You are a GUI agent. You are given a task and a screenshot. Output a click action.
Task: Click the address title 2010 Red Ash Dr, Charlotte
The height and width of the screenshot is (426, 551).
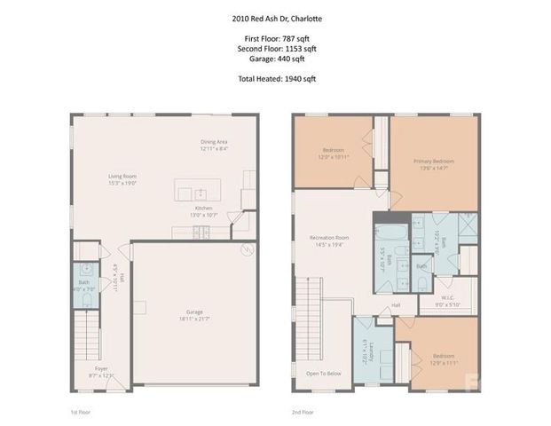(274, 16)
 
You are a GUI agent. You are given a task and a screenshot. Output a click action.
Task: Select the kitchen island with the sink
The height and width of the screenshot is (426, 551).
(196, 191)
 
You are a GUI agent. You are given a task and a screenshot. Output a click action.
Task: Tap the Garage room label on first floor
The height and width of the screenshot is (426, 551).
(183, 313)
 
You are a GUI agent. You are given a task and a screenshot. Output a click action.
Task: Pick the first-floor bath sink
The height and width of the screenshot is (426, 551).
(86, 268)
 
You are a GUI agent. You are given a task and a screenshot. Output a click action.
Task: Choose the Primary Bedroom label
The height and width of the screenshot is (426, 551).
(433, 162)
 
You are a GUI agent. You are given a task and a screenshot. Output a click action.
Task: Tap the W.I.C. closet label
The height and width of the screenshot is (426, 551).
(447, 299)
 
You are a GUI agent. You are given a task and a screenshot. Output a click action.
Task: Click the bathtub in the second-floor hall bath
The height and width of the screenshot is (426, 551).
(390, 238)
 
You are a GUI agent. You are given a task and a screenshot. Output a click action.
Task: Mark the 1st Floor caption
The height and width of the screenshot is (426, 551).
(80, 412)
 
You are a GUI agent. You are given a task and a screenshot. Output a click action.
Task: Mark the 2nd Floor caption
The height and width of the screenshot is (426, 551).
(303, 412)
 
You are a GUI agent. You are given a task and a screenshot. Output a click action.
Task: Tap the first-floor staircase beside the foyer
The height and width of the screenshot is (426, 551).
(84, 337)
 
